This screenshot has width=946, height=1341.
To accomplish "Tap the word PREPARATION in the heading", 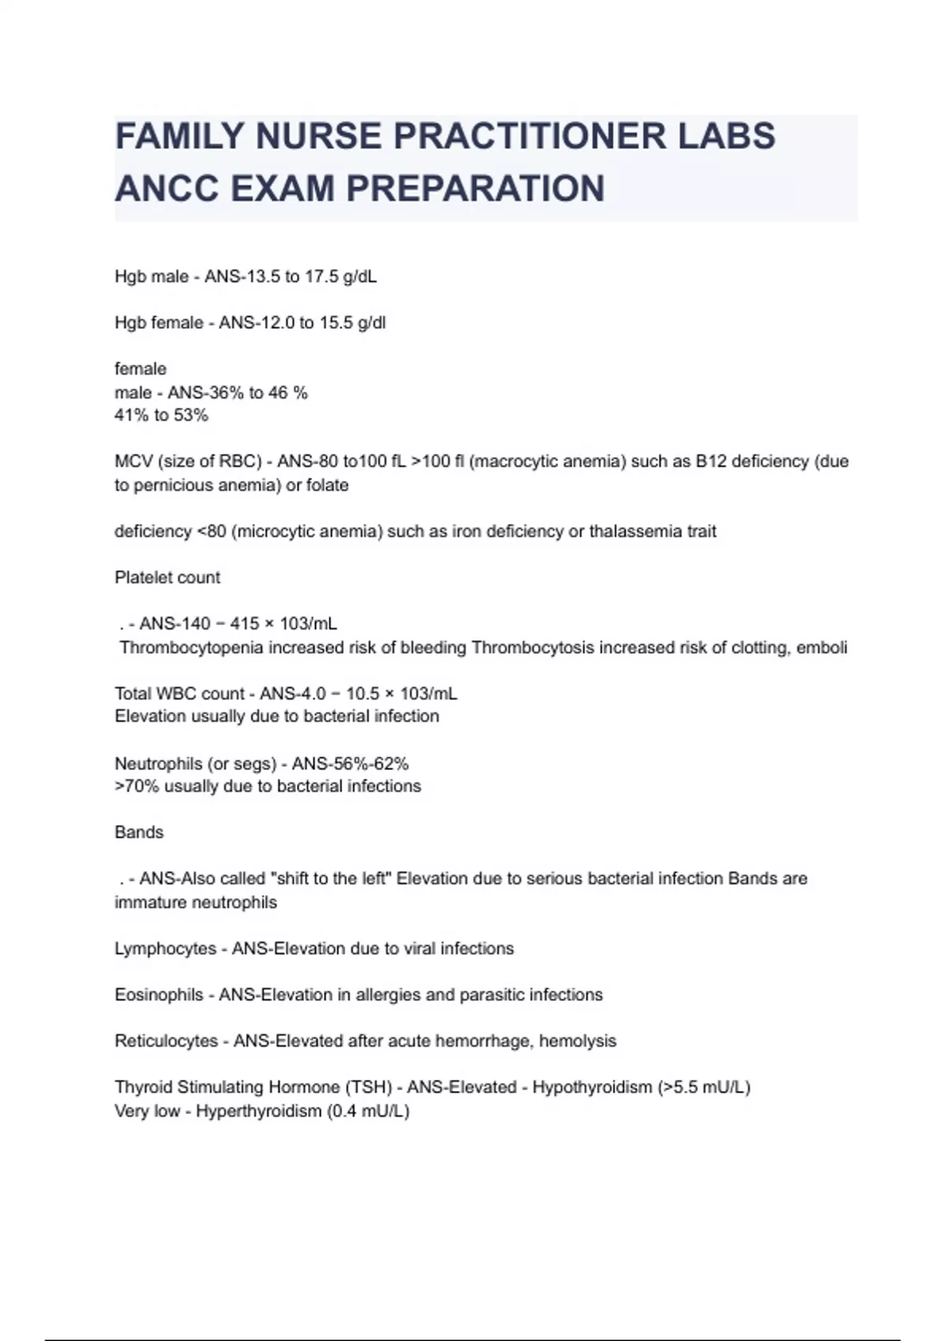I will click(x=475, y=189).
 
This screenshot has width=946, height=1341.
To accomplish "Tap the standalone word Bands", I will click(x=139, y=832).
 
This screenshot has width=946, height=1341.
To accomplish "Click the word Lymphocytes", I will click(x=165, y=948).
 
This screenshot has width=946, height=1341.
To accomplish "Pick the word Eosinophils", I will click(x=158, y=995).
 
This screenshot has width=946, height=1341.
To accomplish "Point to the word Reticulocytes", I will click(x=166, y=1040).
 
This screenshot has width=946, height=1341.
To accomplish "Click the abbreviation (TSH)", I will click(x=368, y=1087).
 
